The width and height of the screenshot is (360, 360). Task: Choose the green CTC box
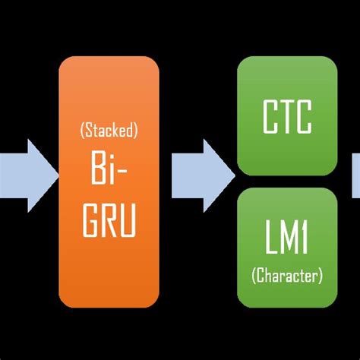pyautogui.click(x=286, y=115)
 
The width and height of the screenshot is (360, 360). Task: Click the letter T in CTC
pyautogui.click(x=287, y=118)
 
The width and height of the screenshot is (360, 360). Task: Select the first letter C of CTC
pyautogui.click(x=270, y=118)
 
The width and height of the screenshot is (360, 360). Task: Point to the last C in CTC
pyautogui.click(x=305, y=118)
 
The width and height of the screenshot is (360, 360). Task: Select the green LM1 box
pyautogui.click(x=286, y=247)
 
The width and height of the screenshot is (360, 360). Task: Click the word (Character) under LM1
pyautogui.click(x=287, y=275)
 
